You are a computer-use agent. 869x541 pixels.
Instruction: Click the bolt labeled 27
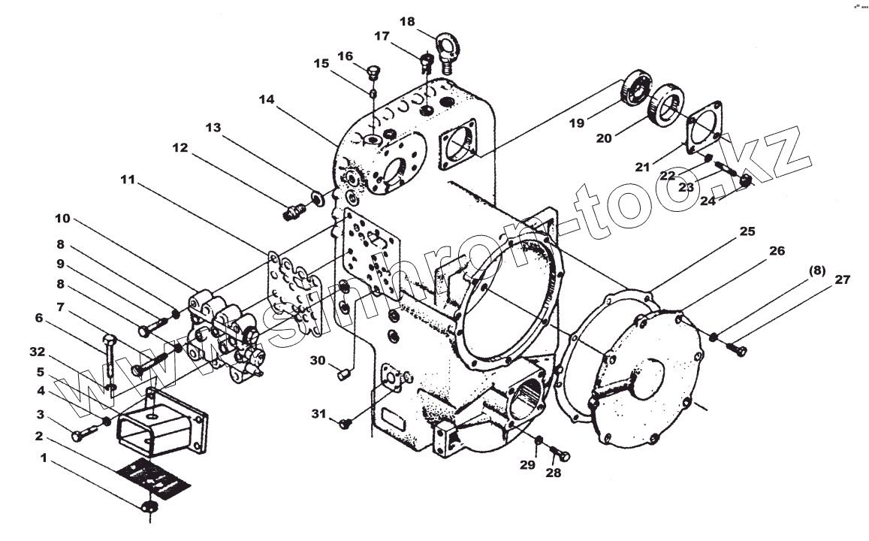(x=735, y=349)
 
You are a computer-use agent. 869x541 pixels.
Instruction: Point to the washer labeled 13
(x=318, y=198)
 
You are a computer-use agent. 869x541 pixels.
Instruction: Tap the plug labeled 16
(x=374, y=73)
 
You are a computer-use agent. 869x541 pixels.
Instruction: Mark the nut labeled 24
(x=746, y=180)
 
